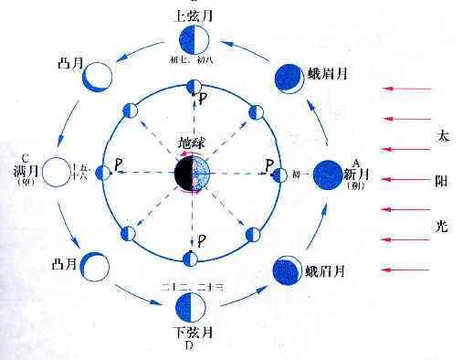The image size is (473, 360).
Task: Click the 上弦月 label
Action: tap(191, 16)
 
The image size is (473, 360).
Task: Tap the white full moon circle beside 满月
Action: tap(57, 173)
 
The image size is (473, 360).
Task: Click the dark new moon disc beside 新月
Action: tap(329, 174)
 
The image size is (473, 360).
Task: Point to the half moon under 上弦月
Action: tap(193, 41)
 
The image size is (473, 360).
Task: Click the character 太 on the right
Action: tap(443, 134)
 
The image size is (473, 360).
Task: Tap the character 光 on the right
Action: tap(443, 224)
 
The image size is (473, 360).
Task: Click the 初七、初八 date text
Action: tap(191, 61)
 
